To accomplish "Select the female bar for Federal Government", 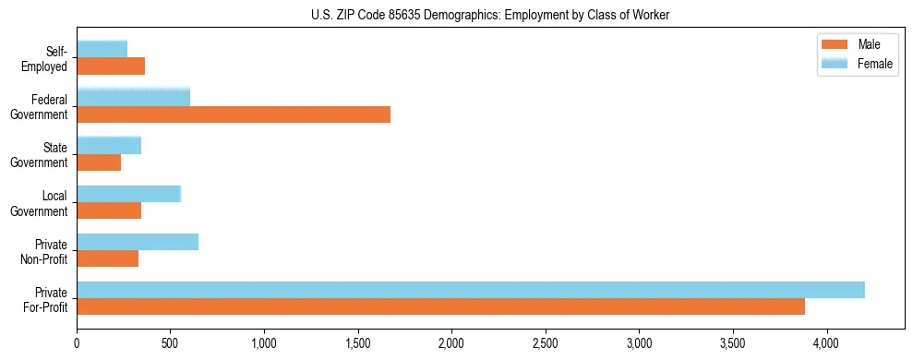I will pos(134,97).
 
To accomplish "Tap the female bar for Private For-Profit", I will pos(471,289).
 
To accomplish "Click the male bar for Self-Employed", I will pos(111,66).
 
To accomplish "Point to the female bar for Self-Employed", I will pos(102,49).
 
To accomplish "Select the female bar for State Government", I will pos(109,145).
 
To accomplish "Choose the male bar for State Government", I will pos(99,162).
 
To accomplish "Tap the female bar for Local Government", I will pos(129,193).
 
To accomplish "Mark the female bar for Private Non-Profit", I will pos(138,241).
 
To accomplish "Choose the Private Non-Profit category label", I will pos(48,252).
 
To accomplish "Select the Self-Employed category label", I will pos(48,59).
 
